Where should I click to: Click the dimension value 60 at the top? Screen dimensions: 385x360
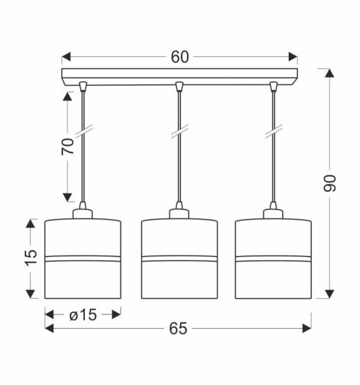(x=179, y=57)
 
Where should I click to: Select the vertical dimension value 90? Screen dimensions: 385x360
(x=331, y=182)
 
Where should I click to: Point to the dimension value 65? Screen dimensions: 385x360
(x=178, y=329)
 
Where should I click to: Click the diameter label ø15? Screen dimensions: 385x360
(x=82, y=314)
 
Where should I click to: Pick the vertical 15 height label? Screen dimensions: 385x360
(x=30, y=257)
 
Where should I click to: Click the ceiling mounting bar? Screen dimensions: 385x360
(x=179, y=76)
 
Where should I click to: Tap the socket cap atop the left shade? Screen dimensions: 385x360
(x=82, y=213)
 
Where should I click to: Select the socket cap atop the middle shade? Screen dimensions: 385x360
(x=178, y=213)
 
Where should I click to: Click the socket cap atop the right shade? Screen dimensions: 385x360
(x=273, y=213)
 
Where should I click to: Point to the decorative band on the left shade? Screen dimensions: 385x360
(x=82, y=259)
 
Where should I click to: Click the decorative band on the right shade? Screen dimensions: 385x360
(x=273, y=259)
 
